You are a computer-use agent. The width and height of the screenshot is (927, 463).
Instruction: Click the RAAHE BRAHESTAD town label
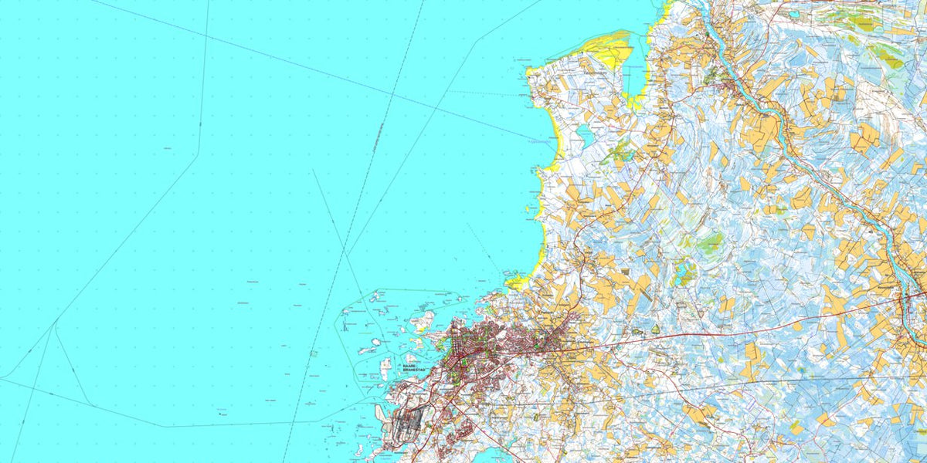414,368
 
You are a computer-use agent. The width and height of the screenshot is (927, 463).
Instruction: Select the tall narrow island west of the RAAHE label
386,366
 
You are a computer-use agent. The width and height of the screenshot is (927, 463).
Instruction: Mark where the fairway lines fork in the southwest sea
56,327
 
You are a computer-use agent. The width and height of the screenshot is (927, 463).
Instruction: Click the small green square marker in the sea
314,353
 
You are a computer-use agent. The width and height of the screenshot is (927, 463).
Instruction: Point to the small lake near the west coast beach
583,137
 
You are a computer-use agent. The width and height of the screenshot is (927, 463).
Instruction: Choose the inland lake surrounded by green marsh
681,272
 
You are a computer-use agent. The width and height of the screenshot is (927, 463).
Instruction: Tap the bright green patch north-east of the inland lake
709,243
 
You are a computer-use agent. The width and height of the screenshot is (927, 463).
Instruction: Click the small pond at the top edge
791,14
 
